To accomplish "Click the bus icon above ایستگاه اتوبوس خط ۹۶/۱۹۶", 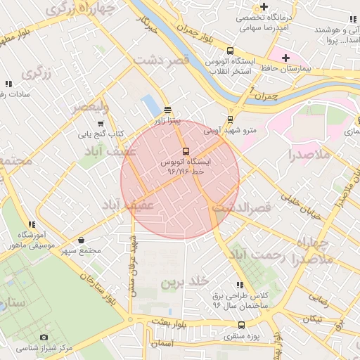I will pyautogui.click(x=186, y=151).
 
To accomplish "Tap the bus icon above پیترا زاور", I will pyautogui.click(x=167, y=110).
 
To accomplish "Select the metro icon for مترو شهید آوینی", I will pyautogui.click(x=230, y=119).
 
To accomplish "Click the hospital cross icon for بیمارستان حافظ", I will pyautogui.click(x=285, y=58).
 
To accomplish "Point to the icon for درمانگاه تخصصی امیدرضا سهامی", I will pyautogui.click(x=285, y=6).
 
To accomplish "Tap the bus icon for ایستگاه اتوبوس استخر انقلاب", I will pyautogui.click(x=230, y=51).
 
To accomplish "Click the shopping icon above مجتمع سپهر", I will pyautogui.click(x=82, y=240).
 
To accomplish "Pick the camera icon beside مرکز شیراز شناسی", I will pyautogui.click(x=44, y=337).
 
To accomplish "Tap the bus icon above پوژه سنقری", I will pyautogui.click(x=242, y=325).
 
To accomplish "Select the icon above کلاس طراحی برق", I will pyautogui.click(x=239, y=285).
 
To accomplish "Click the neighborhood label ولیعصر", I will pyautogui.click(x=90, y=108).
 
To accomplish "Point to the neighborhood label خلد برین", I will pyautogui.click(x=186, y=283).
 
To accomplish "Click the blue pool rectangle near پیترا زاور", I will pyautogui.click(x=150, y=105).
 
